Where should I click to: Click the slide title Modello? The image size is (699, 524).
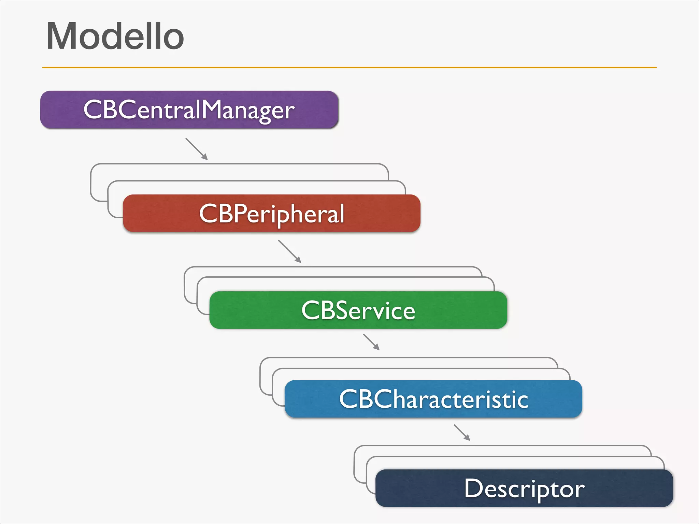[x=115, y=36]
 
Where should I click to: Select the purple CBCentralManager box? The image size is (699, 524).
[x=189, y=110]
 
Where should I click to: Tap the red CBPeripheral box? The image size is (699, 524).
[x=271, y=214]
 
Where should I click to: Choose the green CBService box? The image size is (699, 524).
[x=358, y=310]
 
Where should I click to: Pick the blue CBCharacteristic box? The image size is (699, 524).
[x=433, y=399]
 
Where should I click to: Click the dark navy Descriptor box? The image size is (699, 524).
[x=524, y=488]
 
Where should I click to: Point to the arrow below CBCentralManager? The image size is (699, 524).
[x=197, y=149]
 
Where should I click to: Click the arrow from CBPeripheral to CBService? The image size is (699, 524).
[x=289, y=251]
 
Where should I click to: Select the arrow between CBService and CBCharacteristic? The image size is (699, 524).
[x=371, y=342]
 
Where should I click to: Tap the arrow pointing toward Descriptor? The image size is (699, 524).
[x=462, y=433]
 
